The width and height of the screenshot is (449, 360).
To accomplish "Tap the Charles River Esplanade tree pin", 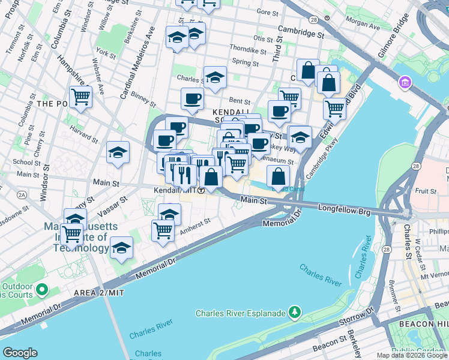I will click(x=294, y=312).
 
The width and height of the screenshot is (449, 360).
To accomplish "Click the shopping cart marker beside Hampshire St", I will click(x=80, y=97).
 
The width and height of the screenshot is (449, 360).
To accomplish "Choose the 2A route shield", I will click(x=22, y=194).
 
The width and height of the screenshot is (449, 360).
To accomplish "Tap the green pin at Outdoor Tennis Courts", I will click(x=41, y=290).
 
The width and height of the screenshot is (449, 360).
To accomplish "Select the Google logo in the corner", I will click(x=20, y=353).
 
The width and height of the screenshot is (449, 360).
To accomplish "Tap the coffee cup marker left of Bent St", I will click(x=192, y=99).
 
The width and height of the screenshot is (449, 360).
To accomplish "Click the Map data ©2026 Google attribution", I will click(x=412, y=355).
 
